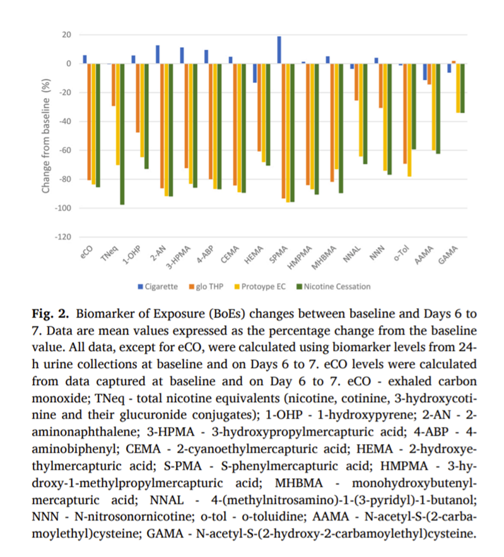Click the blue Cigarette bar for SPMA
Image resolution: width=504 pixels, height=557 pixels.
pos(279,50)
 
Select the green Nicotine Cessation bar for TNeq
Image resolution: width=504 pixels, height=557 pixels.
pos(122,134)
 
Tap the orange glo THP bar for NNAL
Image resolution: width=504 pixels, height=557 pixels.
pos(356,82)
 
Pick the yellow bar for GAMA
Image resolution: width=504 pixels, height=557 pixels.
pos(458,88)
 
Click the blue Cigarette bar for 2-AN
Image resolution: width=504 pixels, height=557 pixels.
pos(157,54)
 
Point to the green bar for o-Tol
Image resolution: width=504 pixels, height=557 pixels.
pos(414,106)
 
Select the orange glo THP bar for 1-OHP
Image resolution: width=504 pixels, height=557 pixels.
pos(138,98)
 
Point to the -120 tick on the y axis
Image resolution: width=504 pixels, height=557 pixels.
pos(62,238)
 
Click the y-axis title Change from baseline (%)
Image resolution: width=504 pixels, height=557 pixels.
pos(45,135)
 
